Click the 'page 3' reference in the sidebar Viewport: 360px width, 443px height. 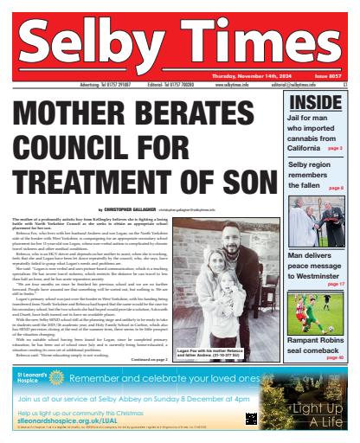tap(335, 149)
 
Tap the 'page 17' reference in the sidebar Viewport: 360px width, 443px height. tap(334, 284)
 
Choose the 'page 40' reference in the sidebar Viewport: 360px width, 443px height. tap(334, 356)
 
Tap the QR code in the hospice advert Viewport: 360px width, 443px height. tap(251, 418)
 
